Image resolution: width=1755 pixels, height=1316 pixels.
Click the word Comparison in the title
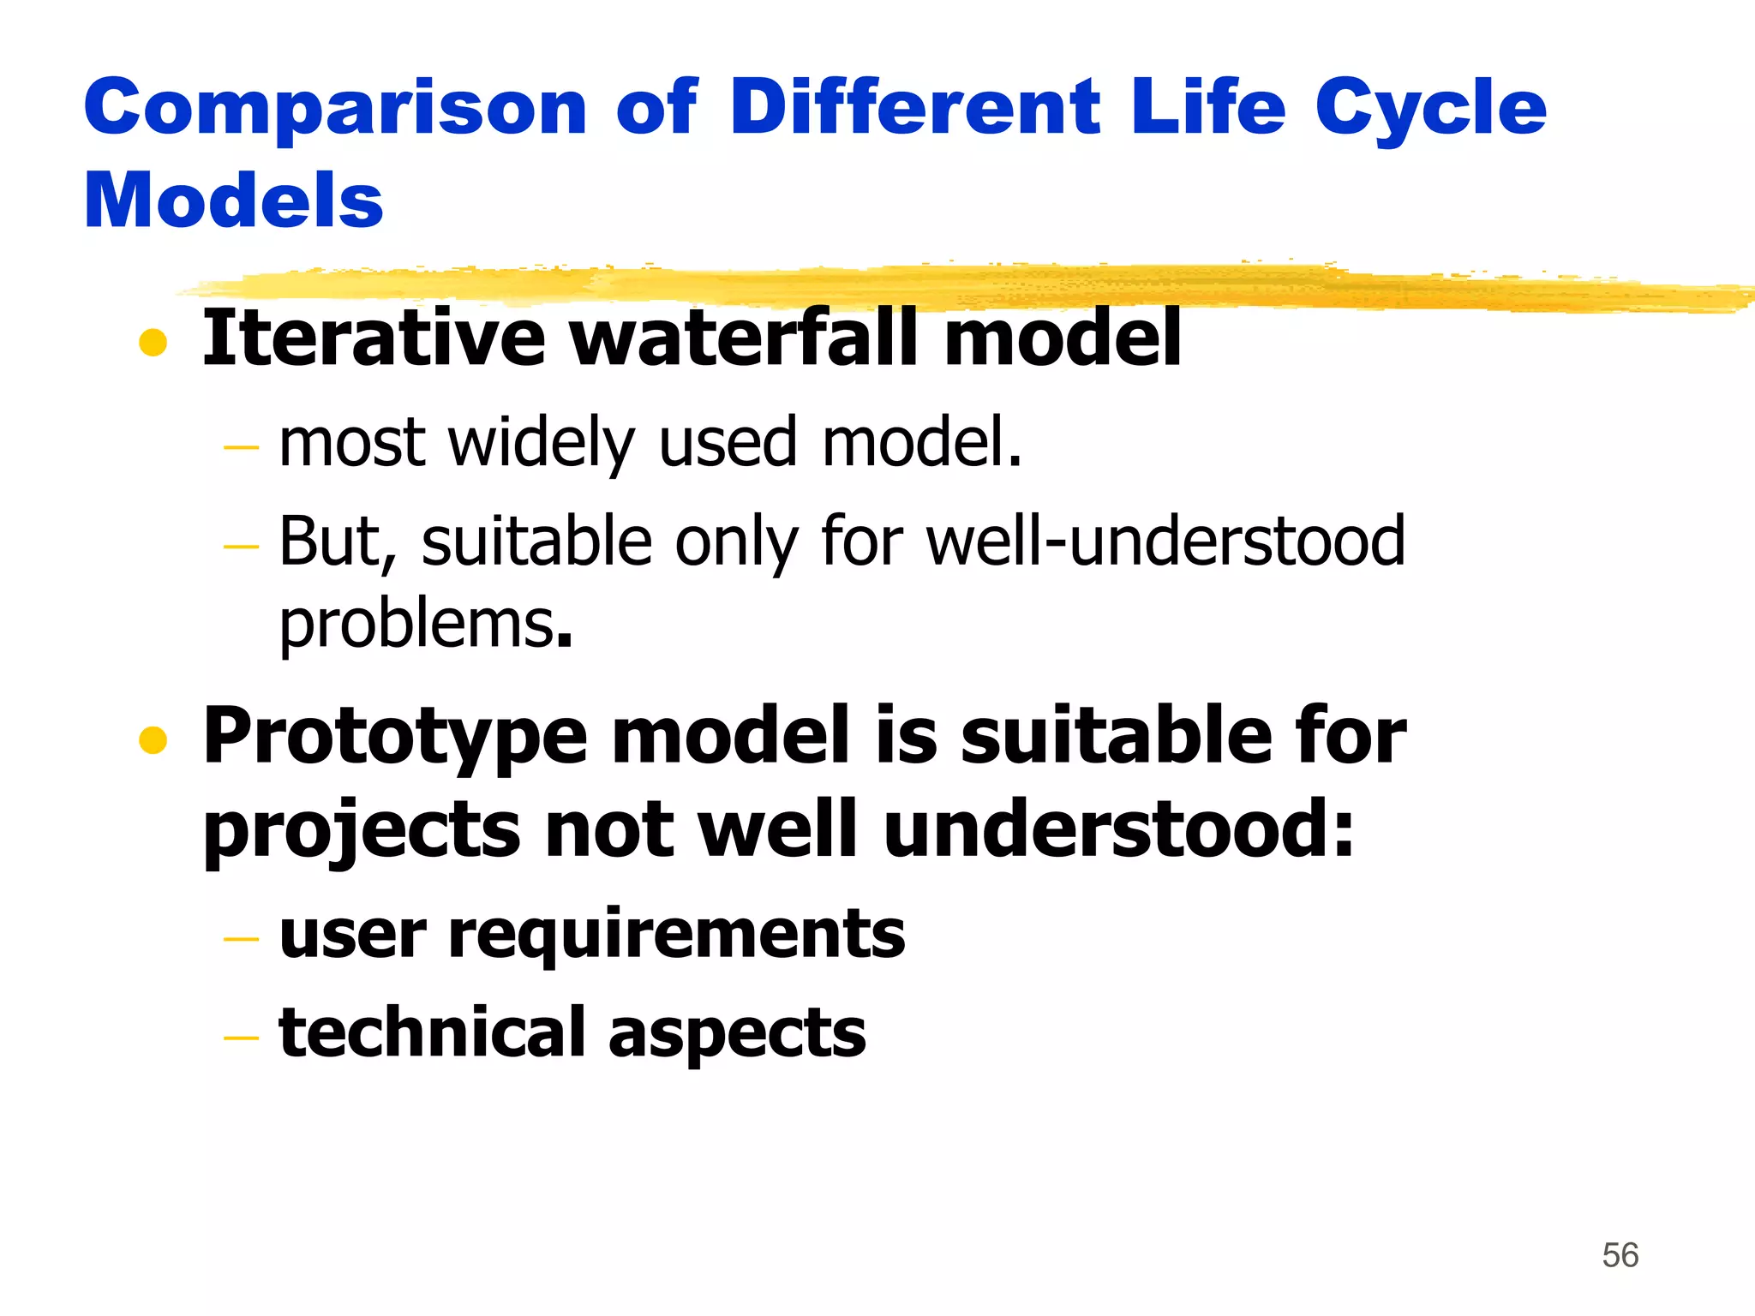pos(334,109)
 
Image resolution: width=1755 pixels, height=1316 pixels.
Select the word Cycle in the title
pos(1430,109)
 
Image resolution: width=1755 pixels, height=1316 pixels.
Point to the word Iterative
pos(373,338)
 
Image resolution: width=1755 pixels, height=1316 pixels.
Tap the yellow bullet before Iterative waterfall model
pos(153,343)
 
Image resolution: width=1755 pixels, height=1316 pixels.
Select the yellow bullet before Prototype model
pos(153,740)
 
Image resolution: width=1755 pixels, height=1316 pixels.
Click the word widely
pos(542,443)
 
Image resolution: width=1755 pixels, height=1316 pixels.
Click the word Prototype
pos(394,737)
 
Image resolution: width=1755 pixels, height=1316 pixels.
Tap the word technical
pos(432,1032)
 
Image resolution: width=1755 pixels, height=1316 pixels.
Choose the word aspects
pos(736,1033)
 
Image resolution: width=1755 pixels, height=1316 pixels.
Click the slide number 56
pos(1620,1255)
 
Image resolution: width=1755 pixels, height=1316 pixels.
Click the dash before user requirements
pos(240,939)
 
